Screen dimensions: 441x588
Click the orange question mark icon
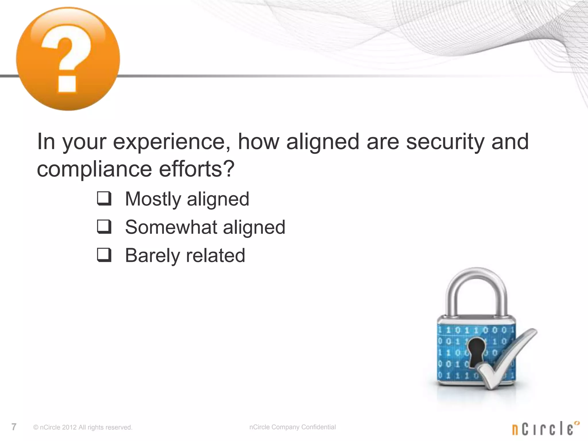pyautogui.click(x=68, y=59)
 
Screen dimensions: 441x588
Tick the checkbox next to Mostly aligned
pyautogui.click(x=104, y=199)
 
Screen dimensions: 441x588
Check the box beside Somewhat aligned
pyautogui.click(x=104, y=227)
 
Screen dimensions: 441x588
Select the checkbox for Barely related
pyautogui.click(x=104, y=255)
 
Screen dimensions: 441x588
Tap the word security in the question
pyautogui.click(x=445, y=142)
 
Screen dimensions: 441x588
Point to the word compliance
pyautogui.click(x=94, y=169)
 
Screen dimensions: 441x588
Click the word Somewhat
pyautogui.click(x=171, y=227)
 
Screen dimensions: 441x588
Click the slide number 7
pyautogui.click(x=14, y=427)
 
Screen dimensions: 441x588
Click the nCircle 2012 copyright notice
pyautogui.click(x=83, y=427)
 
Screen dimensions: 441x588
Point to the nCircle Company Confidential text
pyautogui.click(x=292, y=427)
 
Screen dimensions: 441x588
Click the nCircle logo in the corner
pyautogui.click(x=546, y=428)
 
